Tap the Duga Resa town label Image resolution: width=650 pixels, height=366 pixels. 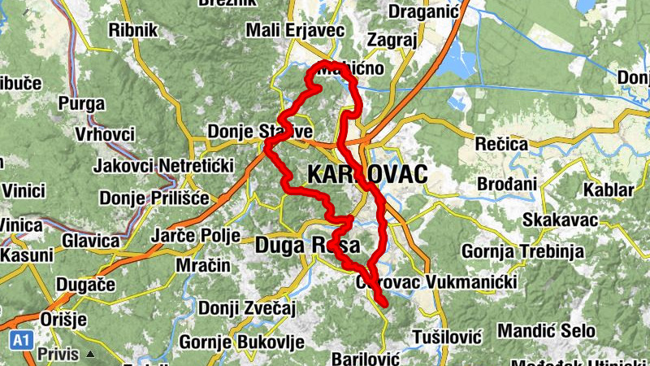tap(308, 244)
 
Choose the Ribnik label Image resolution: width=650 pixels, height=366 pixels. tap(133, 29)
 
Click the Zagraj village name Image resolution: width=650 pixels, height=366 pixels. tap(392, 40)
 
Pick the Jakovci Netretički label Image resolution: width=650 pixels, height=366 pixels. tap(163, 166)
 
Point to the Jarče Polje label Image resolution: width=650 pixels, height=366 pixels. tap(196, 236)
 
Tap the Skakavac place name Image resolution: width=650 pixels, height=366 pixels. tap(561, 220)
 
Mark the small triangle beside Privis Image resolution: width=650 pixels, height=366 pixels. tap(91, 355)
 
